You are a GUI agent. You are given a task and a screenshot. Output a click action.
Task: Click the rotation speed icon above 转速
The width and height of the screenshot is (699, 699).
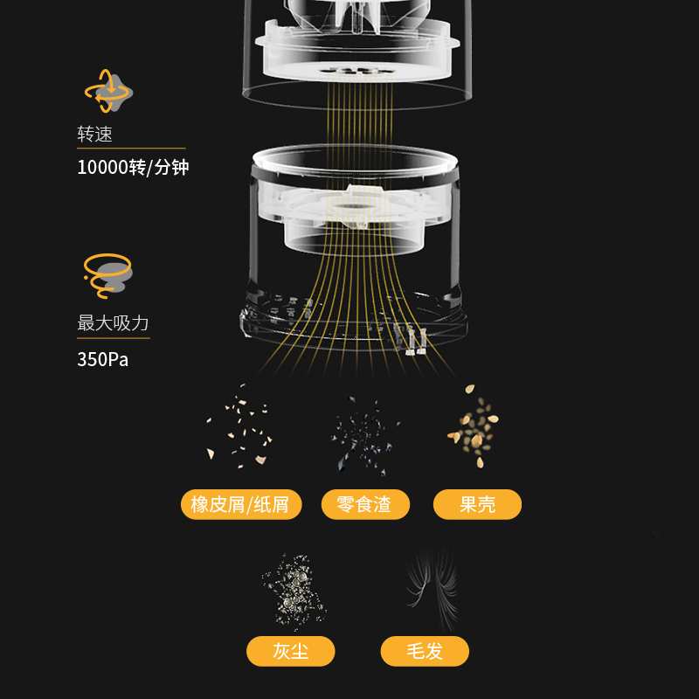pyautogui.click(x=108, y=92)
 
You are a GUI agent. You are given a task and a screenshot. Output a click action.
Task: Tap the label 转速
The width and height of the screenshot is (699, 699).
pyautogui.click(x=94, y=135)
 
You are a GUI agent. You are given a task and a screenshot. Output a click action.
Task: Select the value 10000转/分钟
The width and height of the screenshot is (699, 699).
pyautogui.click(x=133, y=168)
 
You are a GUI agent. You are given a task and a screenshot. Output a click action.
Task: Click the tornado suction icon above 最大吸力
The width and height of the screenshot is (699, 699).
pyautogui.click(x=107, y=275)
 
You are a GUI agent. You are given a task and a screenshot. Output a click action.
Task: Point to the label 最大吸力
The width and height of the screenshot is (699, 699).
pyautogui.click(x=113, y=323)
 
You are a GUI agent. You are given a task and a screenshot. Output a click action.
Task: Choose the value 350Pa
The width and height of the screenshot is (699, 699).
pyautogui.click(x=102, y=360)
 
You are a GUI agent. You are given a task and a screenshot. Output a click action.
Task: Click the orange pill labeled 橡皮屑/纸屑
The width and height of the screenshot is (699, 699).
pyautogui.click(x=241, y=505)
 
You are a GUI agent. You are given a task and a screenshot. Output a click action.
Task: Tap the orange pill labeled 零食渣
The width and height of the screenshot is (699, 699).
pyautogui.click(x=365, y=505)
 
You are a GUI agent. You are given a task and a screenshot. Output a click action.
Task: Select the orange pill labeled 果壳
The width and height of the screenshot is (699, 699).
pyautogui.click(x=477, y=505)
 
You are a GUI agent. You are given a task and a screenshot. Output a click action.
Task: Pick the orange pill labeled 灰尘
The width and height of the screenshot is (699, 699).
pyautogui.click(x=291, y=651)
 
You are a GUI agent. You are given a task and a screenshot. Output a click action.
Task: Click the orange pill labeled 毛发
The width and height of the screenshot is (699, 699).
pyautogui.click(x=425, y=651)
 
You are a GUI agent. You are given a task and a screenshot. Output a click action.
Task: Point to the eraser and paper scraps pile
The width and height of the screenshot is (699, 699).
pyautogui.click(x=239, y=426)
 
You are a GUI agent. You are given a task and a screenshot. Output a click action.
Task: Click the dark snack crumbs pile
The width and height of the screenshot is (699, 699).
pyautogui.click(x=364, y=434)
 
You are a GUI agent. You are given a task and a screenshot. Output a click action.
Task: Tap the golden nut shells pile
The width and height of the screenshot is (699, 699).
pyautogui.click(x=474, y=426)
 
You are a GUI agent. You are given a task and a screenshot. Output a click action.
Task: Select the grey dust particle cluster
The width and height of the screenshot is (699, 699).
pyautogui.click(x=294, y=591)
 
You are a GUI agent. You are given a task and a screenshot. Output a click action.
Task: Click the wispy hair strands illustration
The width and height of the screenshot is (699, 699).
pyautogui.click(x=433, y=588)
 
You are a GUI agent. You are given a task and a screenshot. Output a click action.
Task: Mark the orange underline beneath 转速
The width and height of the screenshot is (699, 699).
pyautogui.click(x=131, y=148)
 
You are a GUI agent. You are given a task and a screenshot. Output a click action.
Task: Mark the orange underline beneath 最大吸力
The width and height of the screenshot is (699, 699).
pyautogui.click(x=114, y=338)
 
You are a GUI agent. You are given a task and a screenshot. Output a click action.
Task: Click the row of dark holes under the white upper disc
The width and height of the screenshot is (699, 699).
pyautogui.click(x=356, y=71)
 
